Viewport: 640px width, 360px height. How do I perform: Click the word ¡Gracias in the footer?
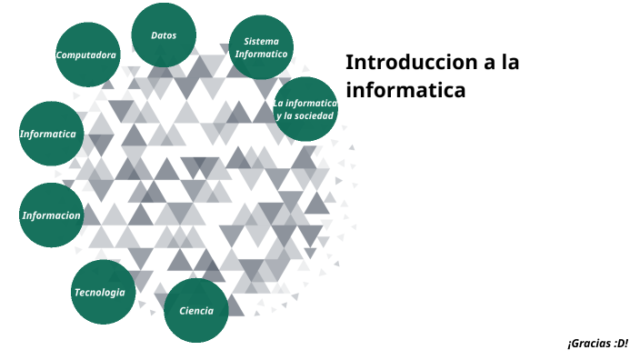point(588,344)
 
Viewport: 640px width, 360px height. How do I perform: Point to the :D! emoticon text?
point(621,344)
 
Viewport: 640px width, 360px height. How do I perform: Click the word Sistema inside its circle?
point(262,42)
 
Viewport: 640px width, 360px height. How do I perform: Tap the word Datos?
point(164,35)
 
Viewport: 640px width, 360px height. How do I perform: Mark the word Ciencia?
point(196,311)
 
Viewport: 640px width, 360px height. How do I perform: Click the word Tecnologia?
point(100,292)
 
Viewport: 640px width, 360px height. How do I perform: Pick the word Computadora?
point(86,55)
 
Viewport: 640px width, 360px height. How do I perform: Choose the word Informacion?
point(52,215)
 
